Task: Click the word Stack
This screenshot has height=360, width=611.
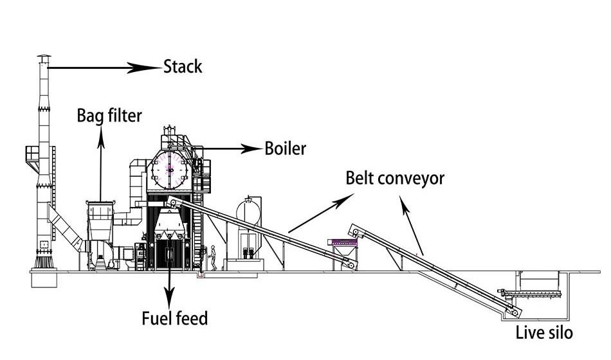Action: pos(183,66)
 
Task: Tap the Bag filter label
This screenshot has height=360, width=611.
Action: pos(109,116)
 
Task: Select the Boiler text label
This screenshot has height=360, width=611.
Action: pos(286,148)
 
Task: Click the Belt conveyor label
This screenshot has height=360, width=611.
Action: pos(395,177)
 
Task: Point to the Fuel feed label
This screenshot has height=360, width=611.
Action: pos(175,318)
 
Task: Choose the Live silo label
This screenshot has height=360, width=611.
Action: pos(543,333)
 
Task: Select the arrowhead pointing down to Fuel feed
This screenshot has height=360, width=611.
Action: pos(169,296)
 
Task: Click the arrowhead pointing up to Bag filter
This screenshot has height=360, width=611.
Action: pos(101,132)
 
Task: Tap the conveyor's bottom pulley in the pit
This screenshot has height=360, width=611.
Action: pos(515,310)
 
